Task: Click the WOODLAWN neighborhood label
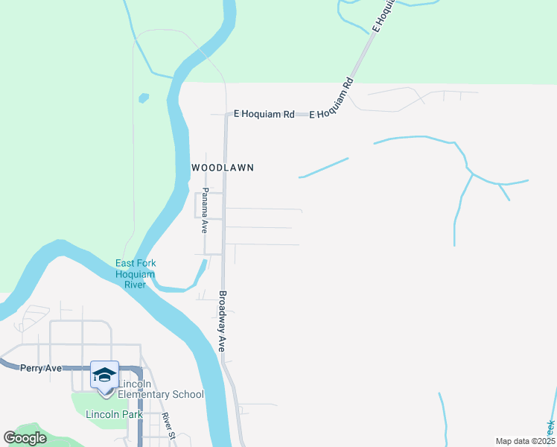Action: (x=223, y=168)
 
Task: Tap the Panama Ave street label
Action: (x=204, y=211)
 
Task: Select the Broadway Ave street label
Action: (x=221, y=321)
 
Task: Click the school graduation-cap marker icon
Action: (x=104, y=374)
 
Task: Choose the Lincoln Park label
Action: (x=112, y=414)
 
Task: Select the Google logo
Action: (x=25, y=437)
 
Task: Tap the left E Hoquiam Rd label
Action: (x=264, y=114)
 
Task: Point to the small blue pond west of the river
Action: (x=143, y=98)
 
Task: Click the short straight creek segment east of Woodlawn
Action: (x=323, y=168)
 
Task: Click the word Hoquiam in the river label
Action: (x=135, y=274)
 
